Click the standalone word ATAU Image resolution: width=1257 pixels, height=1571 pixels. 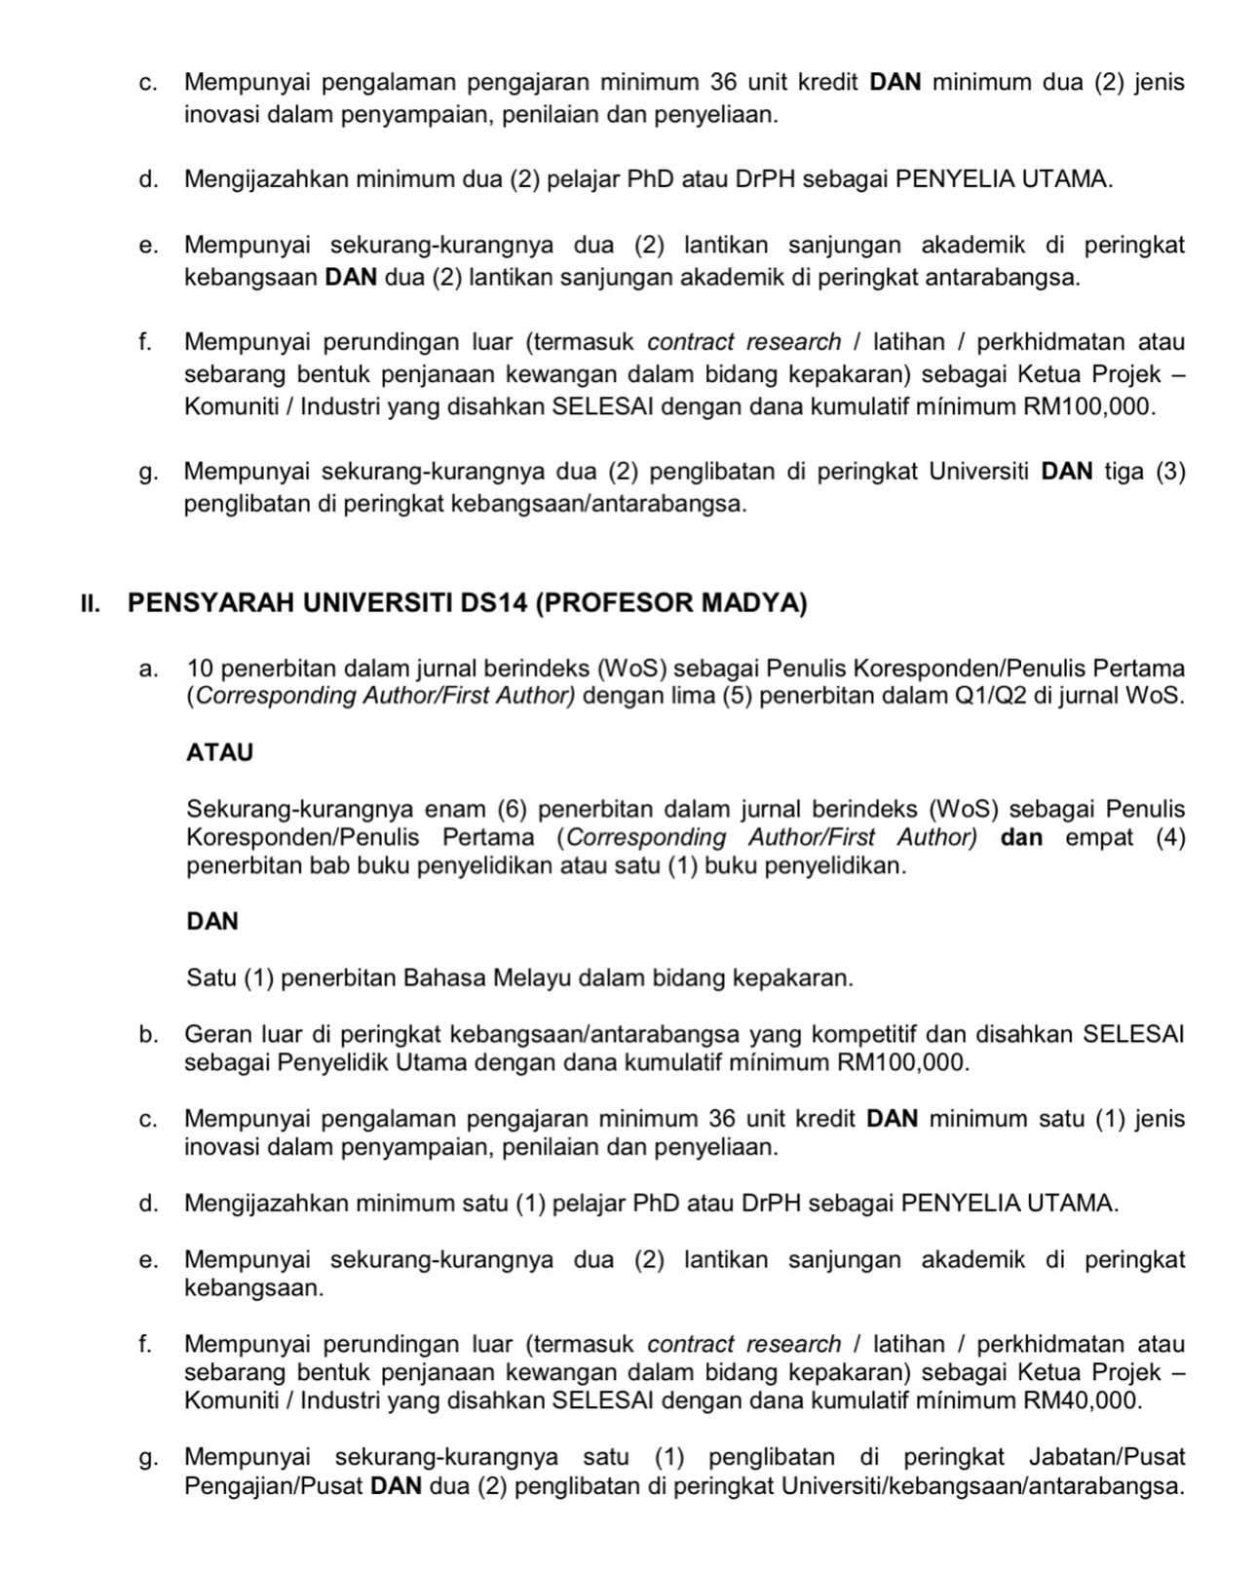pyautogui.click(x=219, y=752)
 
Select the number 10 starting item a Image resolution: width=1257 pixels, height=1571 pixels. pyautogui.click(x=200, y=669)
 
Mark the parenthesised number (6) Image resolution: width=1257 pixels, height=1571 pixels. pyautogui.click(x=513, y=810)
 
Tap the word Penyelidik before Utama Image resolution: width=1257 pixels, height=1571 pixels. pyautogui.click(x=335, y=1062)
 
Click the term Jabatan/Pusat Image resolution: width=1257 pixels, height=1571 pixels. pyautogui.click(x=1107, y=1458)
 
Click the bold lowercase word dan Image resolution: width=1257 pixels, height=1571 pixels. pyautogui.click(x=1021, y=838)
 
